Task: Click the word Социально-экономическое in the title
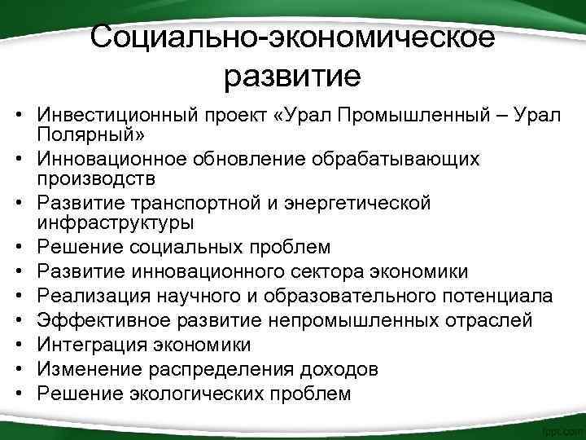292,36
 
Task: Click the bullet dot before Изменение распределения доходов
16,369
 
